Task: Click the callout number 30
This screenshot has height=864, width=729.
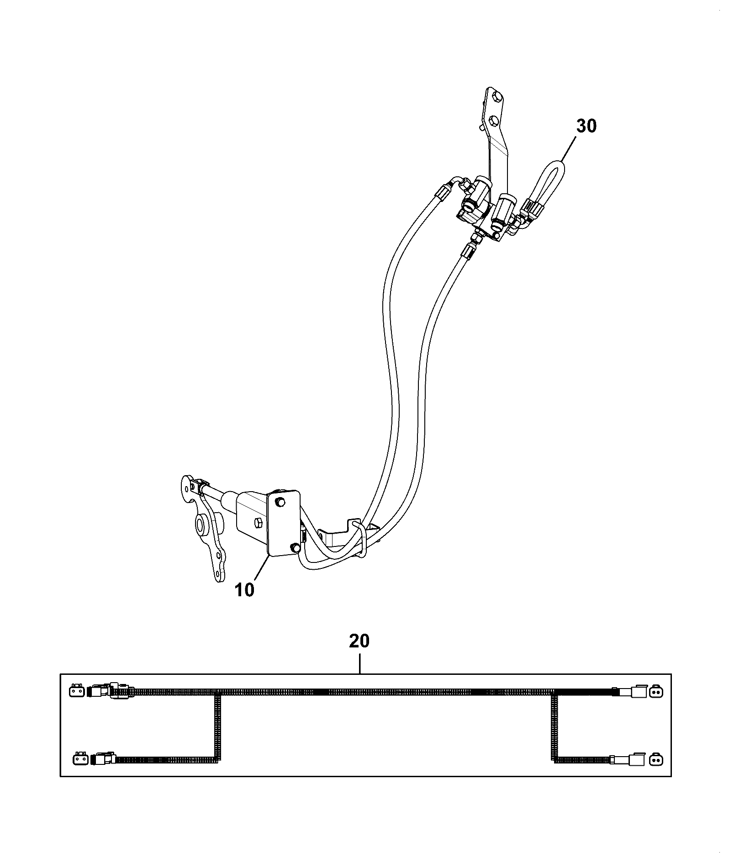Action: pos(586,126)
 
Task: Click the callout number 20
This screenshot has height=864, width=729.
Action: pos(359,641)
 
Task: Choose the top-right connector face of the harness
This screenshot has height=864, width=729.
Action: pos(655,692)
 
